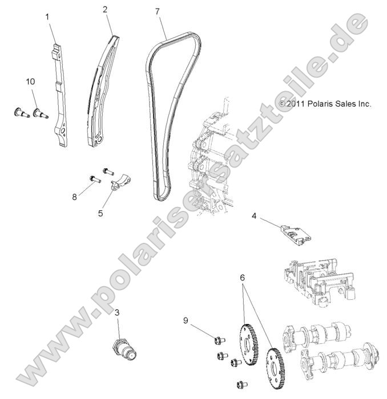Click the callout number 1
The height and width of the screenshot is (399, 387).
coord(48,17)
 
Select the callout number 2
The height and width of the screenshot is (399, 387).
coord(104,10)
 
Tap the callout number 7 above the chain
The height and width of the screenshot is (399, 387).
coord(156,11)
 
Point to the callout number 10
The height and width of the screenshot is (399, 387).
coord(31,82)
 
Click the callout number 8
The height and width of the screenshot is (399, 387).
coord(74,197)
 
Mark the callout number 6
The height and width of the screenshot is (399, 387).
coord(243,277)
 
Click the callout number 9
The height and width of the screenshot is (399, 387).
coord(186,320)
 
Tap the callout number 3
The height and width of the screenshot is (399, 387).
coord(117,312)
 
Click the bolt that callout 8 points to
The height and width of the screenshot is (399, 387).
coord(94,180)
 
